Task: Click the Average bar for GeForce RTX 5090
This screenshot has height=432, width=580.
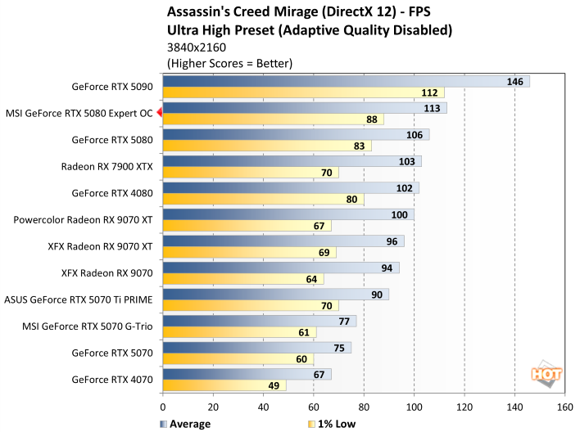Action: click(x=344, y=82)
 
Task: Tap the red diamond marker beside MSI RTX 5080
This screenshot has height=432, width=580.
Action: click(x=159, y=114)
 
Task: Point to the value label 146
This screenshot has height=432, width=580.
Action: click(x=516, y=82)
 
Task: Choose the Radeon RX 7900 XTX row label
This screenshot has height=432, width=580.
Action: click(x=106, y=166)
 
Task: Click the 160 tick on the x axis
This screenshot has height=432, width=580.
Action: click(x=564, y=407)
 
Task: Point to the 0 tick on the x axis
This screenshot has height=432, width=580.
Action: click(x=163, y=407)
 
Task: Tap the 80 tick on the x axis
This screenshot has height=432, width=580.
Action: click(x=364, y=407)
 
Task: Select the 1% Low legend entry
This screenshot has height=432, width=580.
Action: click(x=328, y=424)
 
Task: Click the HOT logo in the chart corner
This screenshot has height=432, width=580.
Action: click(x=546, y=374)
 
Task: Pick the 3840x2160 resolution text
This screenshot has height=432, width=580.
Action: click(x=198, y=47)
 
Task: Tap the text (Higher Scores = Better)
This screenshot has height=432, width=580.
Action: click(x=229, y=63)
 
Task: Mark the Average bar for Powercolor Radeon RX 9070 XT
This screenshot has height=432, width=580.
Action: click(x=287, y=215)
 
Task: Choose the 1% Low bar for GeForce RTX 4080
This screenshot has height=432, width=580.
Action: click(x=262, y=199)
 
